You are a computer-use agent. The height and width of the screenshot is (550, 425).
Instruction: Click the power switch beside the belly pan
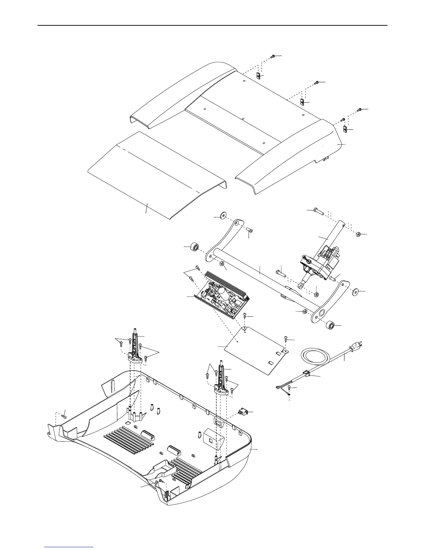[x=242, y=412]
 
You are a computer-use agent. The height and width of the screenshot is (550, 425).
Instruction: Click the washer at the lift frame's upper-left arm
[x=219, y=217]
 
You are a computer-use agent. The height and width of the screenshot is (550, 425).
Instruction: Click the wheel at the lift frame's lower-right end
[x=330, y=326]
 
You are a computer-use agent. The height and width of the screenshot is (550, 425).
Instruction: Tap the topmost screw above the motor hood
[x=273, y=56]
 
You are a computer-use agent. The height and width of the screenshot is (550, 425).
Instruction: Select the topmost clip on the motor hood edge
[x=258, y=76]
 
